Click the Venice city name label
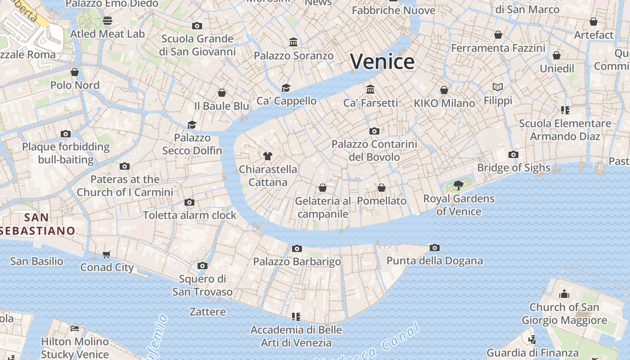(x=382, y=62)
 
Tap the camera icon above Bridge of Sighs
(x=513, y=154)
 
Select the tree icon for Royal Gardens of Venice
(x=458, y=185)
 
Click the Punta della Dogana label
(x=434, y=261)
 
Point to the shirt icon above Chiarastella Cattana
(x=268, y=156)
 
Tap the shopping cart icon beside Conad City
(x=107, y=255)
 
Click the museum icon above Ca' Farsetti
(x=370, y=89)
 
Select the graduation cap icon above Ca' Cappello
(x=286, y=87)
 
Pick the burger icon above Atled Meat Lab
(x=107, y=20)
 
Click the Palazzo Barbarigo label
(x=297, y=261)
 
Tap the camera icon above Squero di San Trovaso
(x=202, y=265)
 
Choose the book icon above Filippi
(x=498, y=87)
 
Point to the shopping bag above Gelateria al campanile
(x=322, y=187)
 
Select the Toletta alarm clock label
(x=189, y=215)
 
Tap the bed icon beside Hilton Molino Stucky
(x=75, y=328)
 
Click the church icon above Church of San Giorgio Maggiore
(x=564, y=294)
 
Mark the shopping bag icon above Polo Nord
(x=75, y=72)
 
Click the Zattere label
(x=207, y=311)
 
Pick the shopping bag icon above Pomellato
(x=382, y=187)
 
